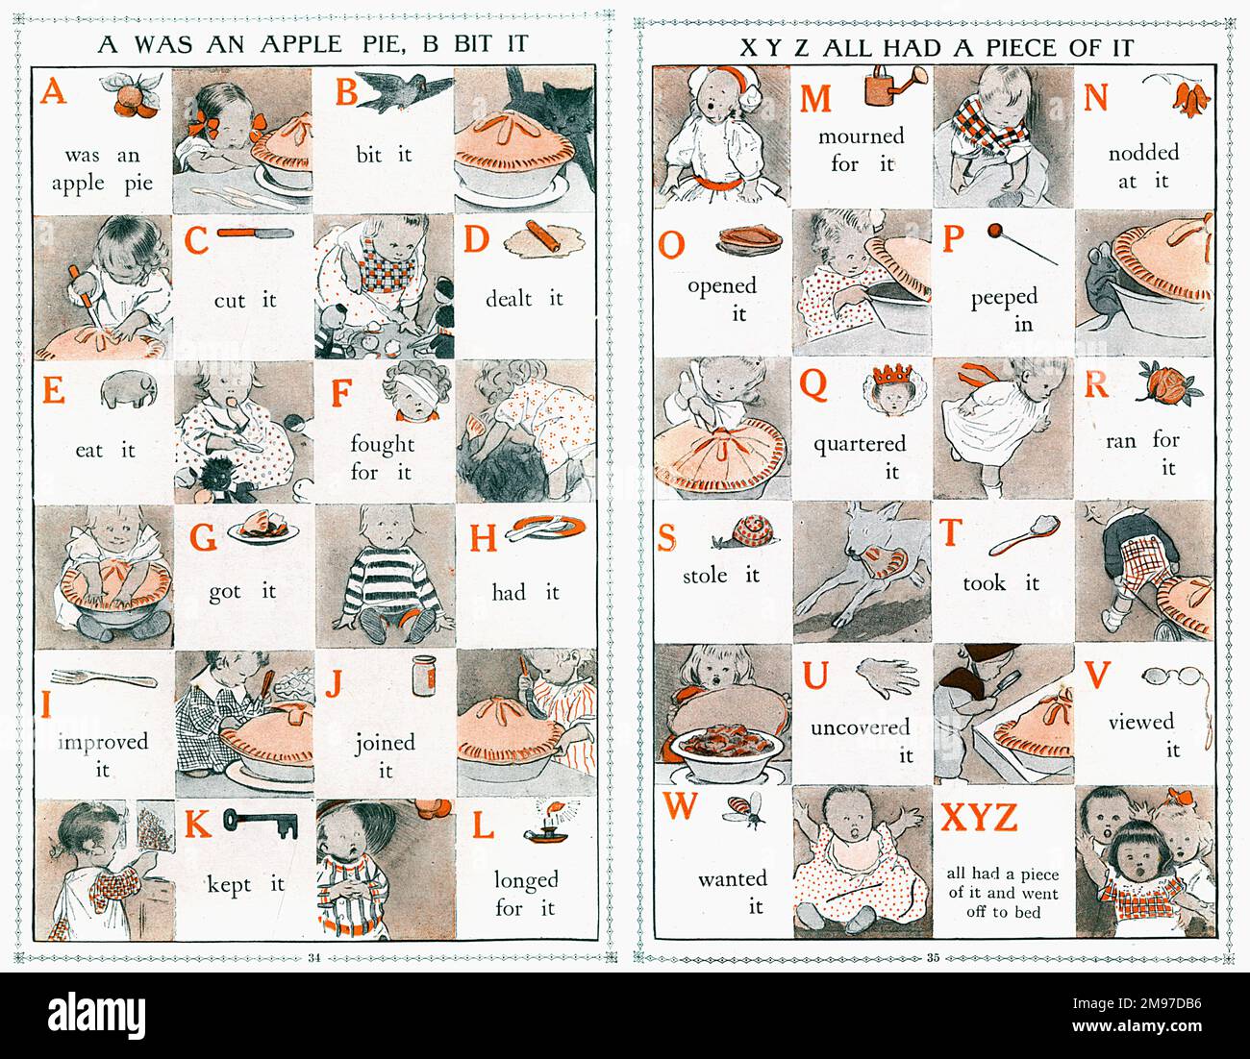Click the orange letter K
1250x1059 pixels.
coord(197,825)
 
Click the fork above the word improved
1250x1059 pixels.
coord(104,678)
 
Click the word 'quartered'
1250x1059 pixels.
coord(860,443)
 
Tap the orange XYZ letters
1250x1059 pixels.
coord(978,818)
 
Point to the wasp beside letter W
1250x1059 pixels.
coord(745,810)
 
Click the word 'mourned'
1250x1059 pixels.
coord(861,135)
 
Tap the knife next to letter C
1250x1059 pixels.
coord(255,233)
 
